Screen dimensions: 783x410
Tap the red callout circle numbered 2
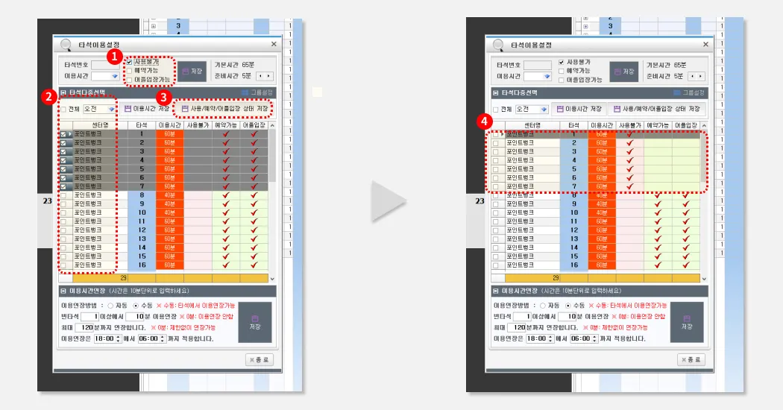(47, 96)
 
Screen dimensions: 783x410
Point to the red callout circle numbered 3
(163, 96)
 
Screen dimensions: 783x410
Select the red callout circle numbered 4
(485, 119)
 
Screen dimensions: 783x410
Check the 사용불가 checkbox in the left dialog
(129, 62)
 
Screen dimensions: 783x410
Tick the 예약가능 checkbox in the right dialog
(562, 70)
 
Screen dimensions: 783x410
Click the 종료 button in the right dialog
(691, 359)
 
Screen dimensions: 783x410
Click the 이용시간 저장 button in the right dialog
(578, 109)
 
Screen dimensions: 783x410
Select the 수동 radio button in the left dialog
(135, 306)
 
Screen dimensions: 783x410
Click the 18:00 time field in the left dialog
(106, 338)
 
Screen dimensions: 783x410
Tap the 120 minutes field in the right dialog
(523, 327)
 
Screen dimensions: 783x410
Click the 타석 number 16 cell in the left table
(141, 265)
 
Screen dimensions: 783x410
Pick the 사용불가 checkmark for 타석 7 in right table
(629, 187)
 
